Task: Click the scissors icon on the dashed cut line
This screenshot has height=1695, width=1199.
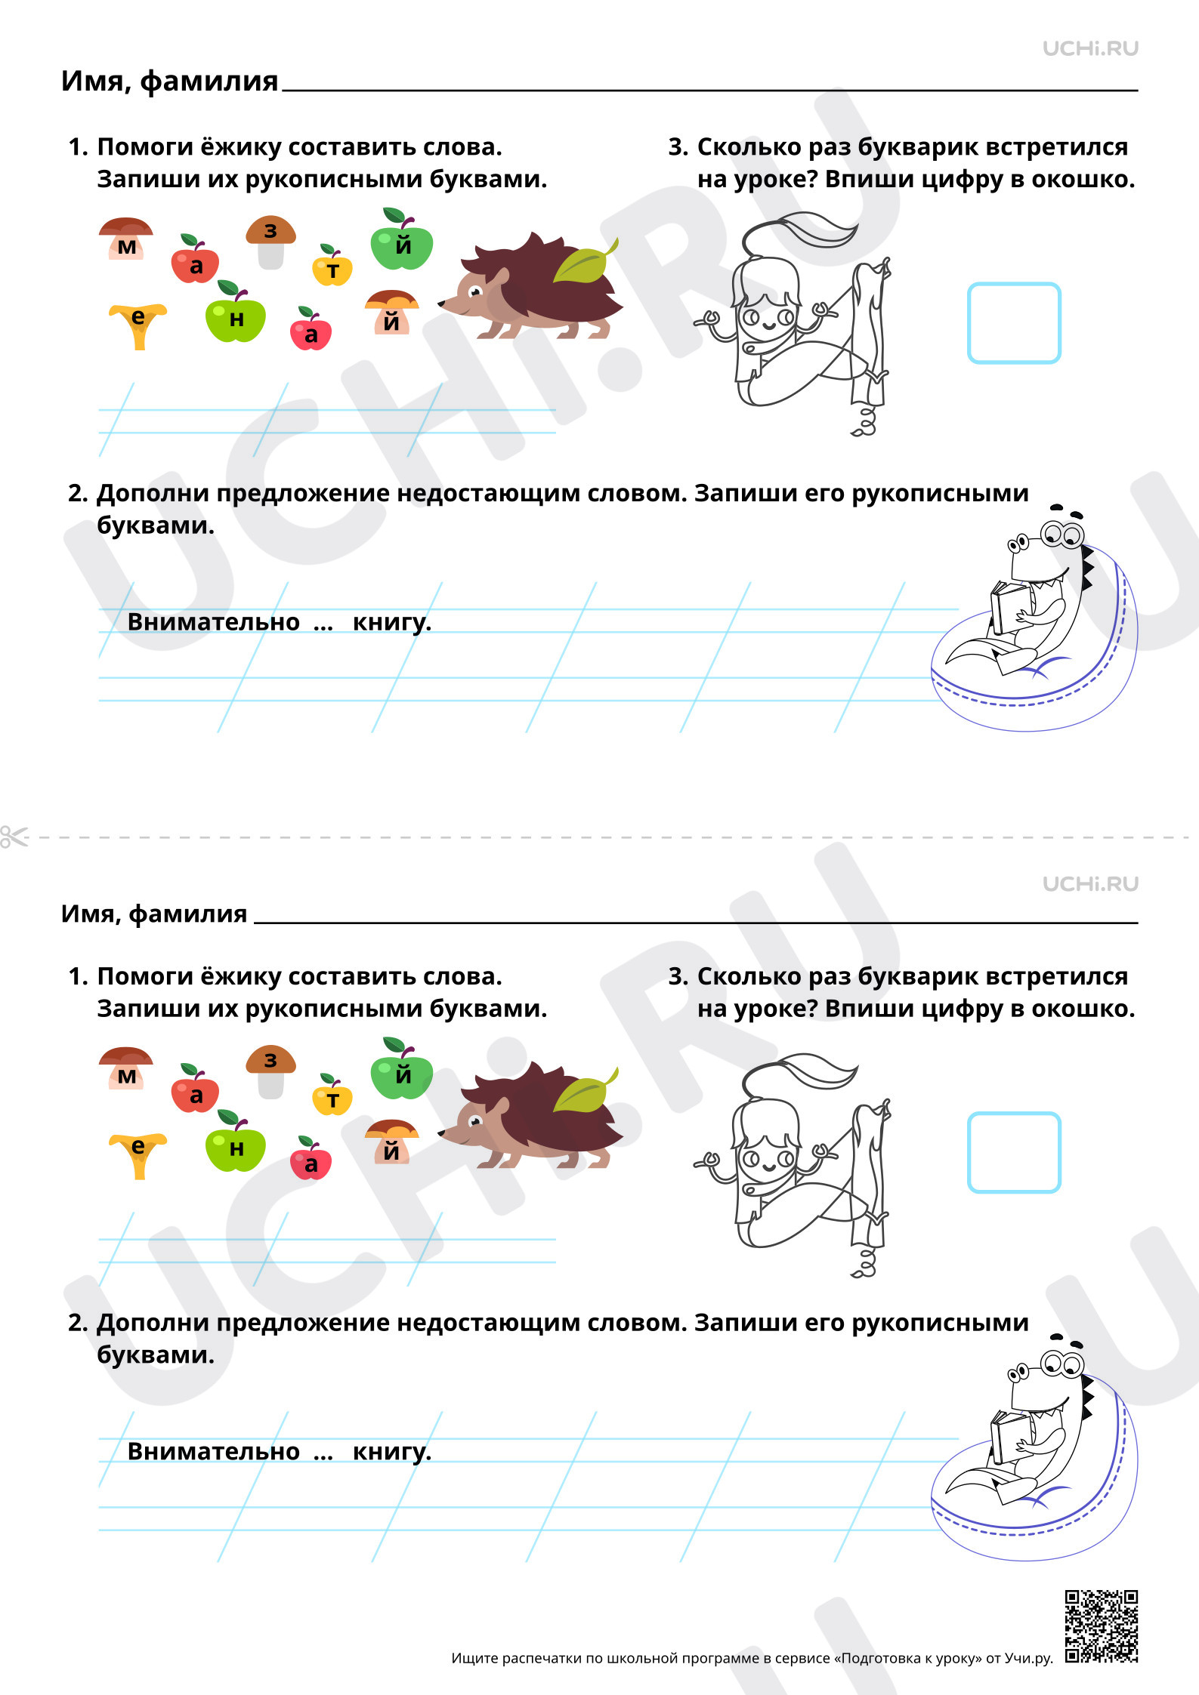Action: (14, 837)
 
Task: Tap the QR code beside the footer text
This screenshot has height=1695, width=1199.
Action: (1102, 1626)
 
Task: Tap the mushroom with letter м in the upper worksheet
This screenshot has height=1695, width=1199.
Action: (126, 239)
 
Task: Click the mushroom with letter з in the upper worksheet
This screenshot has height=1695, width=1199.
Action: (270, 242)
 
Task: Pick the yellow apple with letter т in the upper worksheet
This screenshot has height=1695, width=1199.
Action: (332, 266)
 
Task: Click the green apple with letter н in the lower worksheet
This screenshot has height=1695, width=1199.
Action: (235, 1141)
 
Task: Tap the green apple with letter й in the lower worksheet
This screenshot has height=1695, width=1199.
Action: (401, 1068)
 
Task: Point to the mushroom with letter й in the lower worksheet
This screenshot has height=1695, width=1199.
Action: (391, 1142)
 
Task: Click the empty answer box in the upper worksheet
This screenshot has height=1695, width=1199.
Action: (1014, 323)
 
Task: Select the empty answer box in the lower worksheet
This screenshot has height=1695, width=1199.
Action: (1014, 1153)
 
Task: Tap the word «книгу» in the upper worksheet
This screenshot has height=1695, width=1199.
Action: (392, 623)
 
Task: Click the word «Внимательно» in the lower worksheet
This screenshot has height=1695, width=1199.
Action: (214, 1451)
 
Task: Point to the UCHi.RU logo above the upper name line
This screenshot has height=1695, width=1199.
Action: (1090, 48)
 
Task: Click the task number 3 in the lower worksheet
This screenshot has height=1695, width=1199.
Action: (678, 976)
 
